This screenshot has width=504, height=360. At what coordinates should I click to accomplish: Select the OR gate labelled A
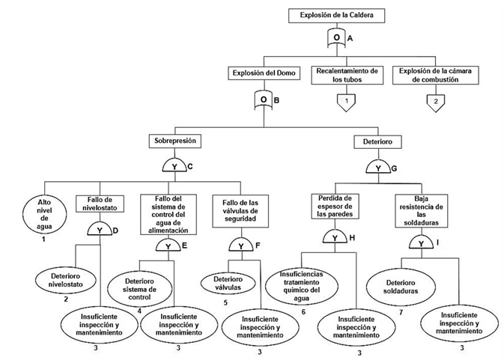pos(336,37)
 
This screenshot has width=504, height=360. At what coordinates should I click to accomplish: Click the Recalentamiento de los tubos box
pos(345,75)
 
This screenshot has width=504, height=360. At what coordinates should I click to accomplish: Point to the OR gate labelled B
pos(264,99)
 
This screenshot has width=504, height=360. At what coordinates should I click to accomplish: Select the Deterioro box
pos(377,141)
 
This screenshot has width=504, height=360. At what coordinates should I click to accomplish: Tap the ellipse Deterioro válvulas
pos(225,284)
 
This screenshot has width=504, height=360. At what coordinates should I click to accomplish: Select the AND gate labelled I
pos(421,243)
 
